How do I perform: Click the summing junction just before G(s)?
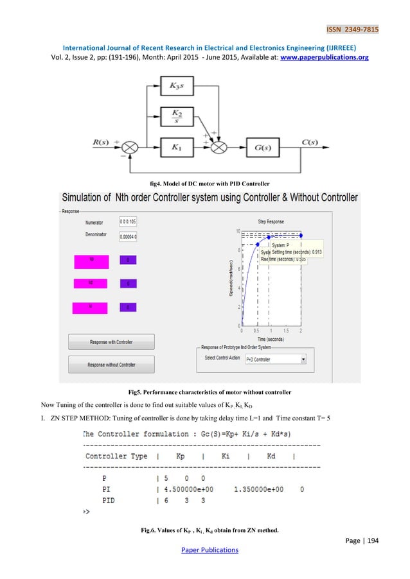tap(219, 147)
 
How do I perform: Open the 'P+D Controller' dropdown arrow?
tap(303, 359)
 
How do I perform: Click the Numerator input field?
tap(128, 221)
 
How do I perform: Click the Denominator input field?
tap(128, 237)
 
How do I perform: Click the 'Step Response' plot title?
tap(271, 221)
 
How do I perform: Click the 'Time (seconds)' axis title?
tap(271, 338)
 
